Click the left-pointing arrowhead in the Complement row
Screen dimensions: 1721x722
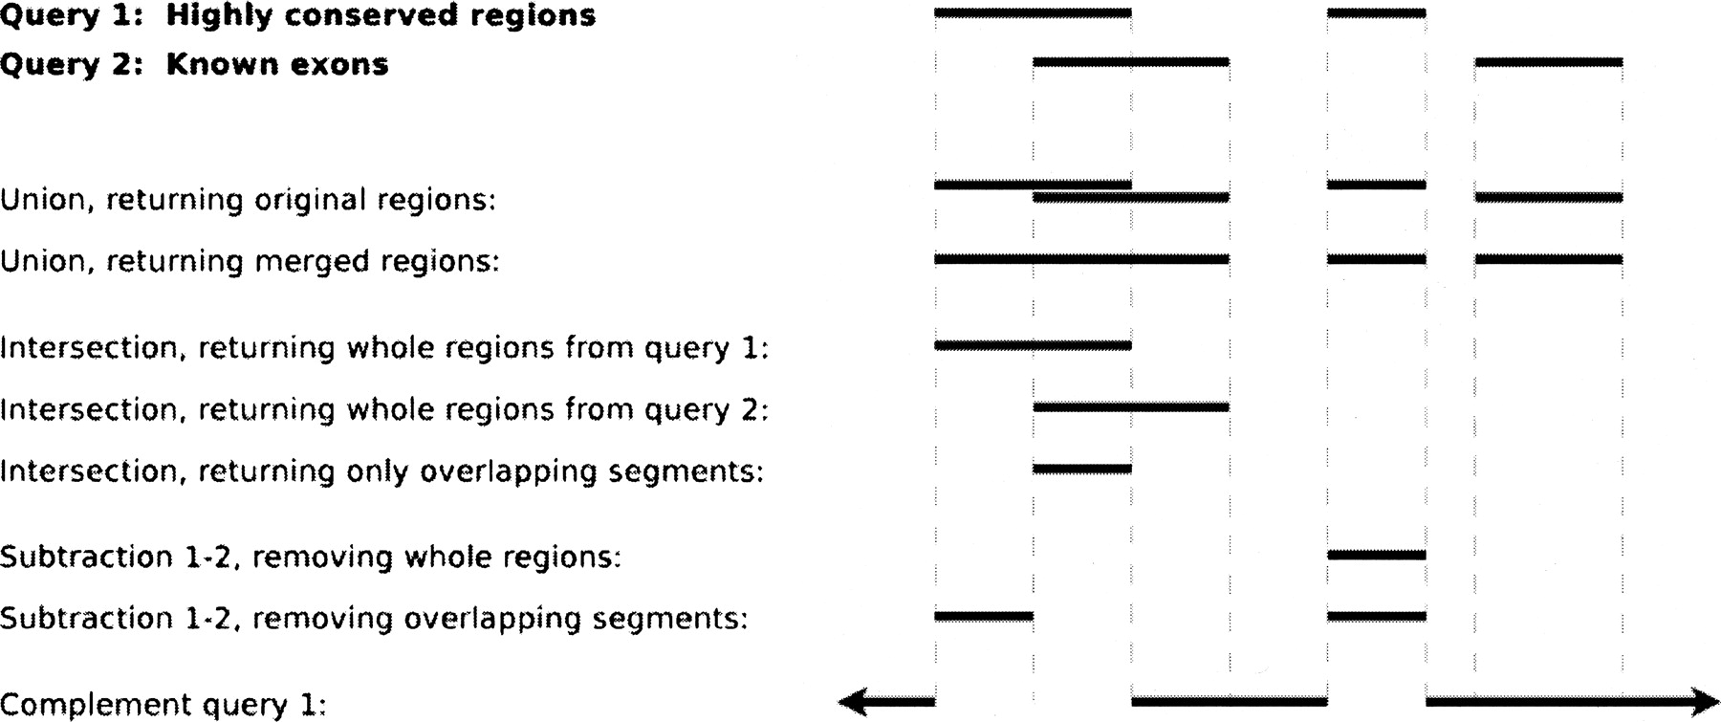[x=854, y=703]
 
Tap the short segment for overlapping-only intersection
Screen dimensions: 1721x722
[x=1082, y=469]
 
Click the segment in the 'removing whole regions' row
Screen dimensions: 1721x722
[x=1377, y=555]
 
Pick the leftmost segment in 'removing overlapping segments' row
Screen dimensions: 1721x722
[x=984, y=617]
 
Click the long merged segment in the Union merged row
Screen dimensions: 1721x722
[x=1081, y=259]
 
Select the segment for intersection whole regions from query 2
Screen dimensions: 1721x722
[x=1131, y=407]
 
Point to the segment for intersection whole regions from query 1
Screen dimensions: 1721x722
[x=1033, y=345]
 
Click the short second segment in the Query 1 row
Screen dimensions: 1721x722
[x=1377, y=13]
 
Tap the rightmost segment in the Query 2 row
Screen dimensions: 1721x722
[x=1549, y=62]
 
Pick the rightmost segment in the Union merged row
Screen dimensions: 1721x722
[x=1549, y=259]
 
